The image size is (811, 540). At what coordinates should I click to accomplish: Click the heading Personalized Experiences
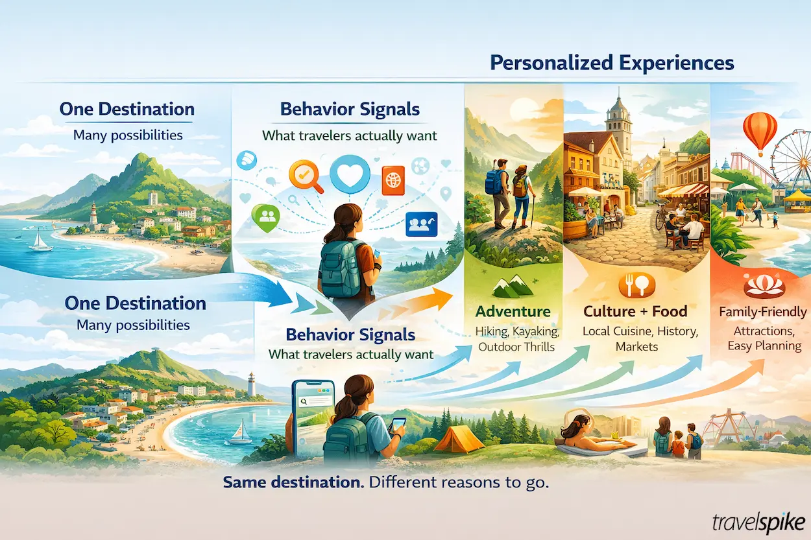[612, 63]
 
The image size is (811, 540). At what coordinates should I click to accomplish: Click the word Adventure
[513, 312]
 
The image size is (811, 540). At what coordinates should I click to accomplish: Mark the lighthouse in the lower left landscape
[251, 384]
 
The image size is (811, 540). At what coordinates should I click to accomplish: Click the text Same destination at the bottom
[282, 483]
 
